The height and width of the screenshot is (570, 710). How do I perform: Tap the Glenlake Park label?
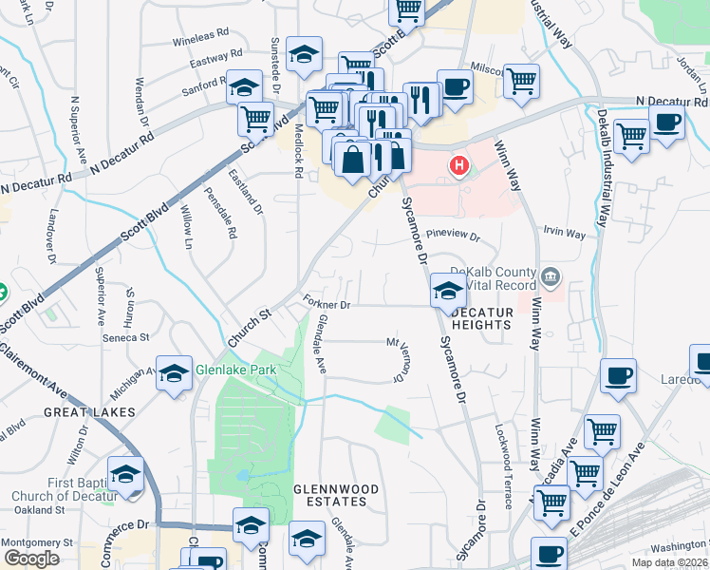[234, 370]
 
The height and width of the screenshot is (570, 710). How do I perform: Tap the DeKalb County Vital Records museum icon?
[551, 279]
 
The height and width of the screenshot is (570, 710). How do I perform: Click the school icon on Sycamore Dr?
[446, 291]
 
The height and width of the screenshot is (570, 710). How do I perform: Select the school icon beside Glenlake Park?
[174, 374]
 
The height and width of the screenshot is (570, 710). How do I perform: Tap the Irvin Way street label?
[564, 231]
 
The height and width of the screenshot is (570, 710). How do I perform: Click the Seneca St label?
[127, 337]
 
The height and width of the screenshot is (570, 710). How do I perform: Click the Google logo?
[31, 559]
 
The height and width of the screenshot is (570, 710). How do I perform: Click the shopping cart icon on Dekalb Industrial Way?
[631, 135]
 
